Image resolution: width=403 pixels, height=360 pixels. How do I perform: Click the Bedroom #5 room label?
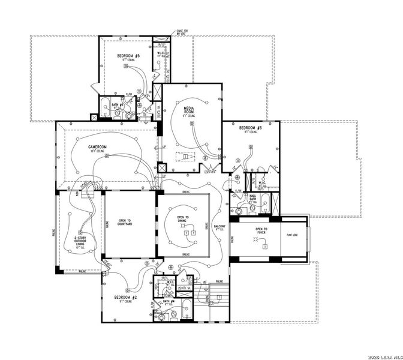pos(128,56)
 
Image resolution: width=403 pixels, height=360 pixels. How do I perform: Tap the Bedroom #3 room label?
pos(251,128)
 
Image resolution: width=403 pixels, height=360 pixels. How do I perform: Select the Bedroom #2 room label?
pos(127,298)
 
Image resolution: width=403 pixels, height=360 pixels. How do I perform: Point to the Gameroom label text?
pos(97,147)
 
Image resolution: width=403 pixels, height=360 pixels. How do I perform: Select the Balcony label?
pos(220,227)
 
